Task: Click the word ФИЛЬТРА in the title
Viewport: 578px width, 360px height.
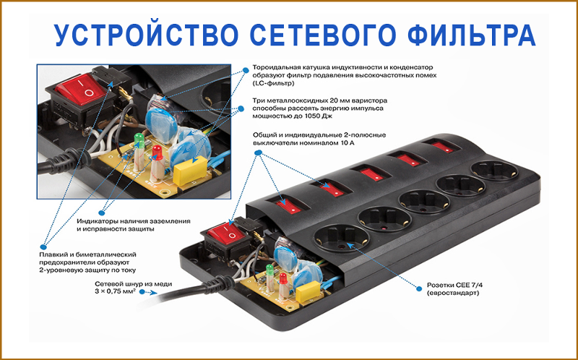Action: [x=472, y=35]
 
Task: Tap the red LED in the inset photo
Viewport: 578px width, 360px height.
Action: [x=157, y=152]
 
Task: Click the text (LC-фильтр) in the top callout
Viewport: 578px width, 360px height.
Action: [x=274, y=83]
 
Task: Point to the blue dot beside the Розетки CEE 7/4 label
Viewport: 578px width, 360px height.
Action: [x=419, y=288]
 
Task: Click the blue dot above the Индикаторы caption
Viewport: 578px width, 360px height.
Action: [x=102, y=213]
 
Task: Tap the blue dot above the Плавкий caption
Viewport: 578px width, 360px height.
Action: [x=43, y=247]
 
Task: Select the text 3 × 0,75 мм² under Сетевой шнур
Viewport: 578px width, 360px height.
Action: [x=114, y=291]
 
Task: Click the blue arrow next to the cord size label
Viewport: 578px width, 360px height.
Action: [x=150, y=293]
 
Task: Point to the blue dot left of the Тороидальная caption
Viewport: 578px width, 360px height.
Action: [x=245, y=70]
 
